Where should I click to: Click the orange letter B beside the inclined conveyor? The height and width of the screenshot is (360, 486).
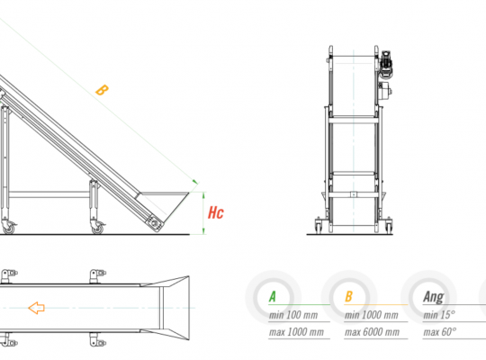102,90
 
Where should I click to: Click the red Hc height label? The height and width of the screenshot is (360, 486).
216,212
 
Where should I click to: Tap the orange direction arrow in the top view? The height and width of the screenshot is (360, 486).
37,308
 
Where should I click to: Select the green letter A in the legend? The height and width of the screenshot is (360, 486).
273,297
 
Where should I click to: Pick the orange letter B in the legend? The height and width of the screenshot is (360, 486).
348,296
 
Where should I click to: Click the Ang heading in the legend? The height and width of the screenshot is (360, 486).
434,297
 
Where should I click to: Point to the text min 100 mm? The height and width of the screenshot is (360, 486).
293,315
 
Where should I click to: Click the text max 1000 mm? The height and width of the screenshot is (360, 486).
296,332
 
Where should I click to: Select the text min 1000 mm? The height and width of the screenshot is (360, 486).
372,315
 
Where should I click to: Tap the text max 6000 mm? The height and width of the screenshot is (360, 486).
372,332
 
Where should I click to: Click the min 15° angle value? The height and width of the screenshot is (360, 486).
439,315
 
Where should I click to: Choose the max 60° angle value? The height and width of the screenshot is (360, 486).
439,332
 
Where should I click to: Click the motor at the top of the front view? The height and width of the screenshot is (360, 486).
385,64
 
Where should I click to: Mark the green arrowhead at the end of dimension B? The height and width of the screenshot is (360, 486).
195,182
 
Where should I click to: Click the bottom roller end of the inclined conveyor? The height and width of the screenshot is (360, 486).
156,223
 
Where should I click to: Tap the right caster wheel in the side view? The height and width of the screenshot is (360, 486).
98,228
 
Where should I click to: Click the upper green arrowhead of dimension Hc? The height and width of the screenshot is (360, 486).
203,194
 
